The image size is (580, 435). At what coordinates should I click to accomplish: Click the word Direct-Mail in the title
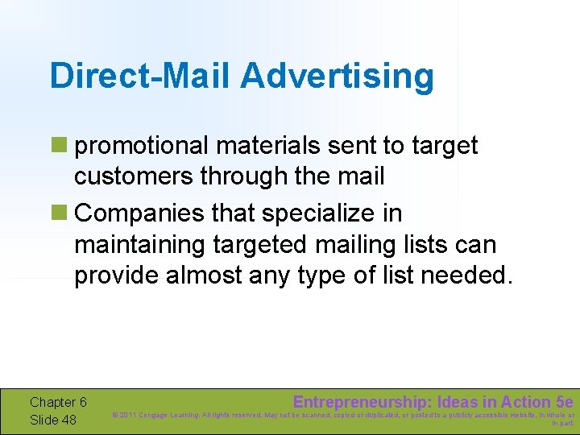[140, 77]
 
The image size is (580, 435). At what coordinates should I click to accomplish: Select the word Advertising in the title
[337, 77]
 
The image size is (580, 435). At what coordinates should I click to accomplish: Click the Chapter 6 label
[58, 402]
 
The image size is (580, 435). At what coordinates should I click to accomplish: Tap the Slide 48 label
[53, 420]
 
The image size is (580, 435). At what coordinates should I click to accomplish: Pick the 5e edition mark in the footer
[565, 402]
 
